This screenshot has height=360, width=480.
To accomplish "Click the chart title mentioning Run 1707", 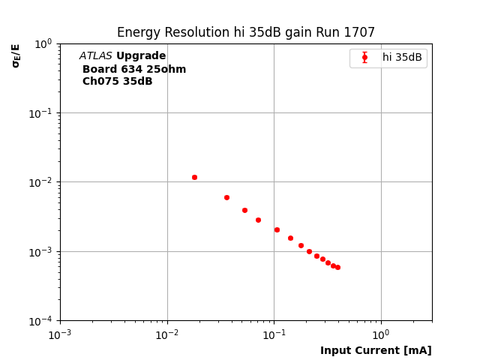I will (245, 33).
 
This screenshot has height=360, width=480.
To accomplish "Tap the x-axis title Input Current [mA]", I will (376, 350).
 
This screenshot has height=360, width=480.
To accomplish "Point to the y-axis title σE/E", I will (16, 55).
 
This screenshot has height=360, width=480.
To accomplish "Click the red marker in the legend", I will (364, 58).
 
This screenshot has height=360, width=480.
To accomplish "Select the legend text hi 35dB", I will (402, 58).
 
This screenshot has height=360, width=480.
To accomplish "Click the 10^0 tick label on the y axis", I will (43, 43).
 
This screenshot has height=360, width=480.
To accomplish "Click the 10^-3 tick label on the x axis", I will (60, 334).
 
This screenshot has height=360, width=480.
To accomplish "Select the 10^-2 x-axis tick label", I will (167, 334).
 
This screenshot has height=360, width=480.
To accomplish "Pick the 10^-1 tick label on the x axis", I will (274, 334).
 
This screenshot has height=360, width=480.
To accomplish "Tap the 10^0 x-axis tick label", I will (381, 334).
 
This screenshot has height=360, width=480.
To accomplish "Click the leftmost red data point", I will (194, 177).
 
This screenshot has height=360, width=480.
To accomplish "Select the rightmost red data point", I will (337, 267).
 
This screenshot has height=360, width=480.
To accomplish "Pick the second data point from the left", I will (226, 197).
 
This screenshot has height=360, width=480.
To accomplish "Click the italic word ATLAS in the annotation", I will (96, 56).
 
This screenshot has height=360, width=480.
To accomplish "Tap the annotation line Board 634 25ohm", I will (134, 70).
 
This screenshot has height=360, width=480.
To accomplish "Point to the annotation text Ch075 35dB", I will (117, 82).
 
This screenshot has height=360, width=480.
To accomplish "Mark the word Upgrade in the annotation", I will (141, 56).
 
